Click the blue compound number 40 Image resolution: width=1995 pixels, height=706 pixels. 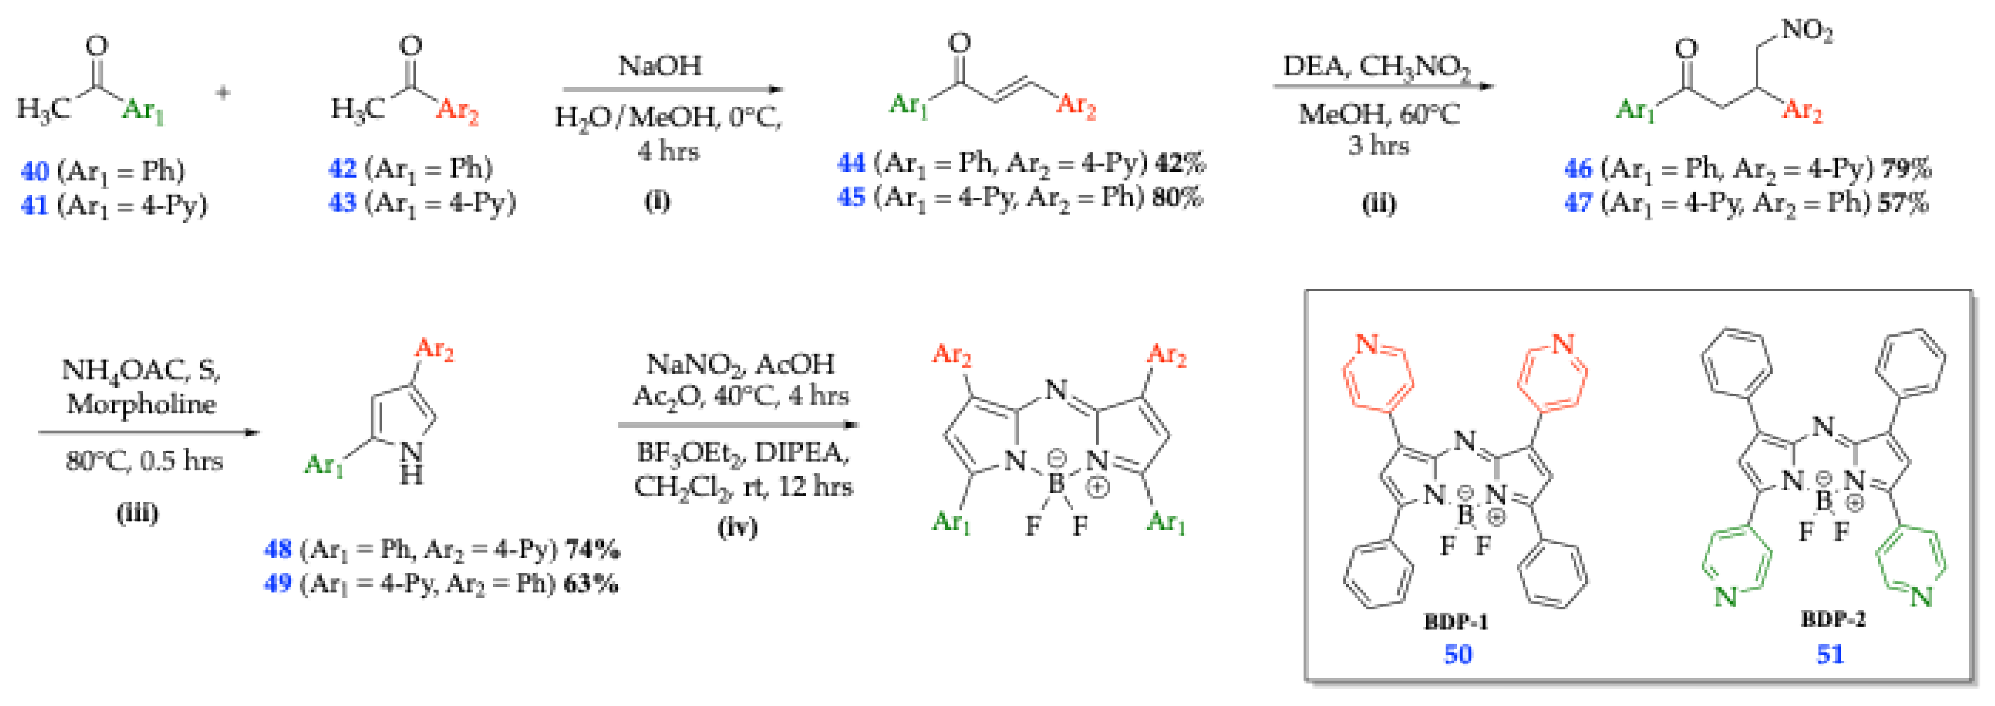pos(35,170)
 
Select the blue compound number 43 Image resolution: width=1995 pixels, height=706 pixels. pos(342,203)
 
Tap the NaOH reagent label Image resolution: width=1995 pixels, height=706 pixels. pos(660,66)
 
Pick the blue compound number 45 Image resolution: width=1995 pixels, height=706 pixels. pos(851,197)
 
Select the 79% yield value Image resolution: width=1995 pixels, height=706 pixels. pos(1907,169)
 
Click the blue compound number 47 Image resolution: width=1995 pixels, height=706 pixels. pos(1578,203)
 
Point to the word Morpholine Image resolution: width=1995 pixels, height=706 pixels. pos(142,404)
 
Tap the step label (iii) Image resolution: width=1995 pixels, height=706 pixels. pos(138,513)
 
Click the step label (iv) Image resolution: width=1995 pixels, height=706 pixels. pos(737,527)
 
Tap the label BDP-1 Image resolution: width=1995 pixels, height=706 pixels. pos(1456,622)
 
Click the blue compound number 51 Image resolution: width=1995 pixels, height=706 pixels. pos(1830,655)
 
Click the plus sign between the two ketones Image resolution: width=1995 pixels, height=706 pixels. pos(223,93)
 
